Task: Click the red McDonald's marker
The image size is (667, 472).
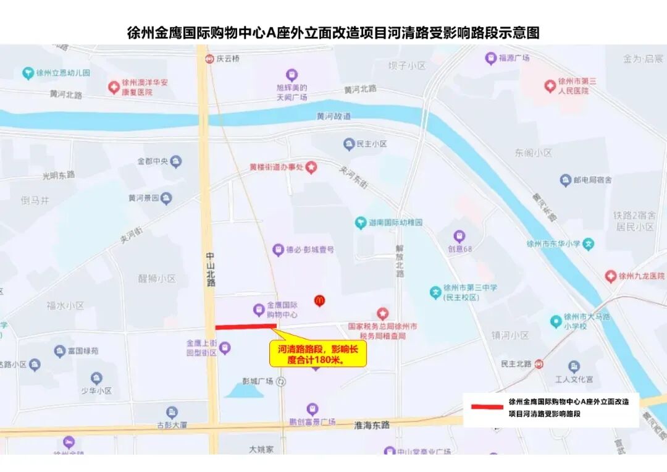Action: click(x=319, y=300)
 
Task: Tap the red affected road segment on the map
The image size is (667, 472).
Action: click(x=245, y=326)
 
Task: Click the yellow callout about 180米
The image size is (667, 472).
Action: click(x=317, y=354)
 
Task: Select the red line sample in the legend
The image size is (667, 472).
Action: click(x=487, y=407)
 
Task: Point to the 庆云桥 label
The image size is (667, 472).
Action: click(x=227, y=59)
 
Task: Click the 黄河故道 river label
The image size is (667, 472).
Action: click(x=333, y=116)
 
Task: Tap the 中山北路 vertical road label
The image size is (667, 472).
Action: click(x=211, y=269)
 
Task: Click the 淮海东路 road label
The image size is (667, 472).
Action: click(x=372, y=425)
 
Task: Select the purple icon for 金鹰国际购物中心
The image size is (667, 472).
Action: click(x=259, y=310)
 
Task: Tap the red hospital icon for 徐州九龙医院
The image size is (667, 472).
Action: click(x=611, y=276)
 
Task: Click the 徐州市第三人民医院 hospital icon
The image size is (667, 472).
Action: click(x=550, y=86)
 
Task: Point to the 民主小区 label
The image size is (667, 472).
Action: click(x=371, y=144)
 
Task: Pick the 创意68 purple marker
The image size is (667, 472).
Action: click(x=459, y=236)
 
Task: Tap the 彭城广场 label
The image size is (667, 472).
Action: click(x=258, y=381)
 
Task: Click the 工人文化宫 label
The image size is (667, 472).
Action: click(x=574, y=379)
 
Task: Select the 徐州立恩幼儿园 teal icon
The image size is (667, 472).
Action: click(x=28, y=73)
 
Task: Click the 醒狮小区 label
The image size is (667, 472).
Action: click(x=157, y=278)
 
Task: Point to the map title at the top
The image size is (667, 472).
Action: click(x=333, y=33)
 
